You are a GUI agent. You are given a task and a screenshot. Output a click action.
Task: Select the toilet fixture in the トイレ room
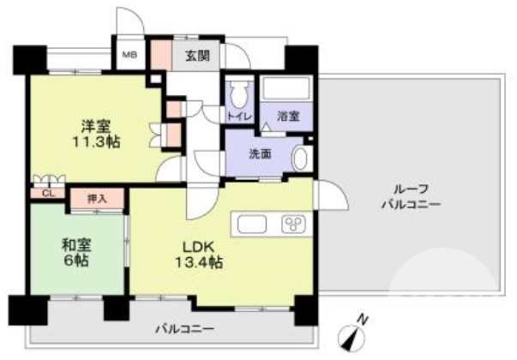tap(237, 92)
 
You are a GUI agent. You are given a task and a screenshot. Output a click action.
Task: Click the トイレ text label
tap(237, 116)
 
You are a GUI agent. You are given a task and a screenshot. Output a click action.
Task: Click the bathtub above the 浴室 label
tap(286, 90)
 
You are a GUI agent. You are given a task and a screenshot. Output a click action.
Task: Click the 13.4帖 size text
tap(202, 263)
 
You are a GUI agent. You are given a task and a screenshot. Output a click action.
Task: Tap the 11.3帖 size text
tap(96, 142)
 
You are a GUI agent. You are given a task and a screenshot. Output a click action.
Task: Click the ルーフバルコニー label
tap(411, 197)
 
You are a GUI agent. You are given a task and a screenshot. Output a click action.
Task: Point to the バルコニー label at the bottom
tap(184, 328)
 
